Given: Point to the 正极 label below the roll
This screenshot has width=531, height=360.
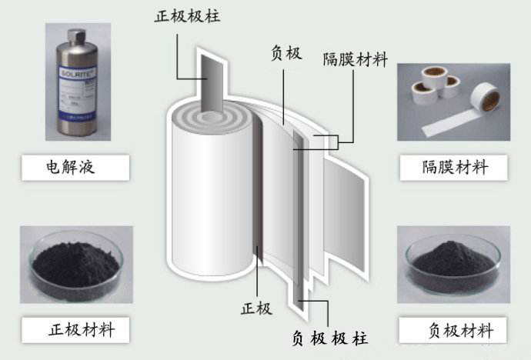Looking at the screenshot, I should coord(256,308).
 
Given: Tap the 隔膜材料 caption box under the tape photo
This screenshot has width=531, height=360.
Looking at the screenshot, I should coord(454,166).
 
